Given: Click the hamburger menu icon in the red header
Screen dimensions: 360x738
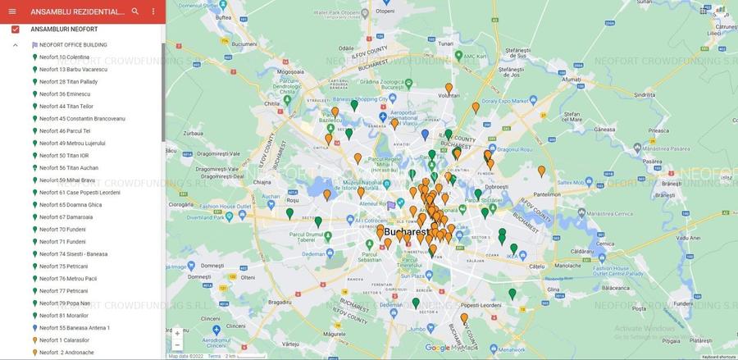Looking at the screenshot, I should click(x=11, y=11).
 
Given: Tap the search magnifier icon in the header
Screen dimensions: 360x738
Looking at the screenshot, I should click(x=135, y=11).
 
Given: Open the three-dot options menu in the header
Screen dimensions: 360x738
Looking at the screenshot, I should click(x=153, y=11).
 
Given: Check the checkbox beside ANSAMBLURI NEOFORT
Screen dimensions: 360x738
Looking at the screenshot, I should click(x=15, y=30).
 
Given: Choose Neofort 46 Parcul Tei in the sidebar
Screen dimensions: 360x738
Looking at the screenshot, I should click(x=65, y=131).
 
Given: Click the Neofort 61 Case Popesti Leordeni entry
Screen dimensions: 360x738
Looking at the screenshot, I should click(x=80, y=193).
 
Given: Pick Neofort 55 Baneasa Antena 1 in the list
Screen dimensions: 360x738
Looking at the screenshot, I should click(x=75, y=328).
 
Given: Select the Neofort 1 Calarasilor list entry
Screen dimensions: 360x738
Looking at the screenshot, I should click(x=64, y=340).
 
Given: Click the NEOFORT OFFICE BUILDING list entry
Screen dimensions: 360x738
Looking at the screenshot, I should click(x=73, y=45).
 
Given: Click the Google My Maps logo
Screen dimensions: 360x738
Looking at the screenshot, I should click(x=451, y=349).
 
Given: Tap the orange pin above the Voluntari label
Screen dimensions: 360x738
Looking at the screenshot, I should click(x=449, y=88).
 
